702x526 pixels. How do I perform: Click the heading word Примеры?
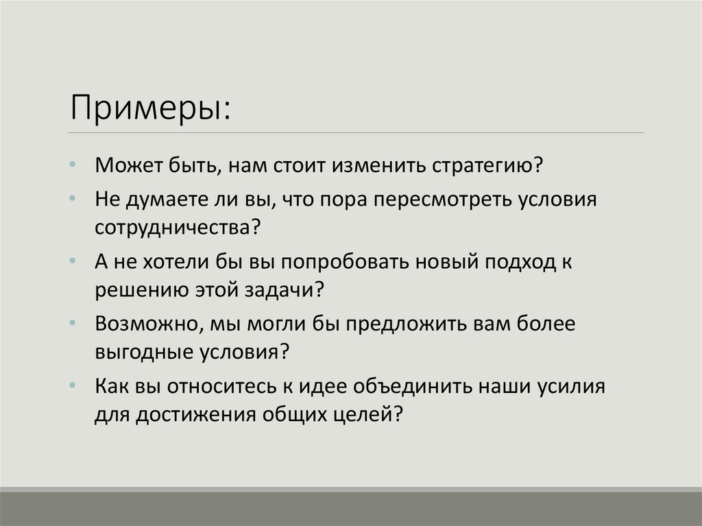[x=147, y=107]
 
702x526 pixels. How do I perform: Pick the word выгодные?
[x=138, y=352]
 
